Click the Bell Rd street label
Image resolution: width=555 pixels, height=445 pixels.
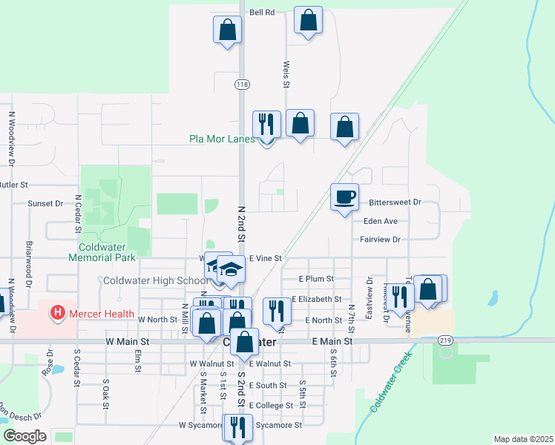[262, 13]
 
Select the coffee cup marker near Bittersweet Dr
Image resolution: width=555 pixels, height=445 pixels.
[344, 197]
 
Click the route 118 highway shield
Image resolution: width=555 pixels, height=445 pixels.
[242, 85]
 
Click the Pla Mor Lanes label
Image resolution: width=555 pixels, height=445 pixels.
[222, 139]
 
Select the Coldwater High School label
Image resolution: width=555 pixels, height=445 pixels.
[156, 280]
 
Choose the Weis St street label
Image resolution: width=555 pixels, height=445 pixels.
[286, 74]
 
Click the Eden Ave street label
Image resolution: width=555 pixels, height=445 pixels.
[381, 221]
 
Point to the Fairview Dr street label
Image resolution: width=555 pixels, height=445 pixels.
[380, 240]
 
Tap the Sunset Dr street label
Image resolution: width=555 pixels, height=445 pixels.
[45, 203]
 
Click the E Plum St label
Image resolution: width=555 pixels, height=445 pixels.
[317, 279]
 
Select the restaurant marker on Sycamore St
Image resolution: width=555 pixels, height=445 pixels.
[239, 427]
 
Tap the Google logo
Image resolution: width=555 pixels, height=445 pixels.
[24, 436]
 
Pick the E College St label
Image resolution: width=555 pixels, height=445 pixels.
[272, 406]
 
